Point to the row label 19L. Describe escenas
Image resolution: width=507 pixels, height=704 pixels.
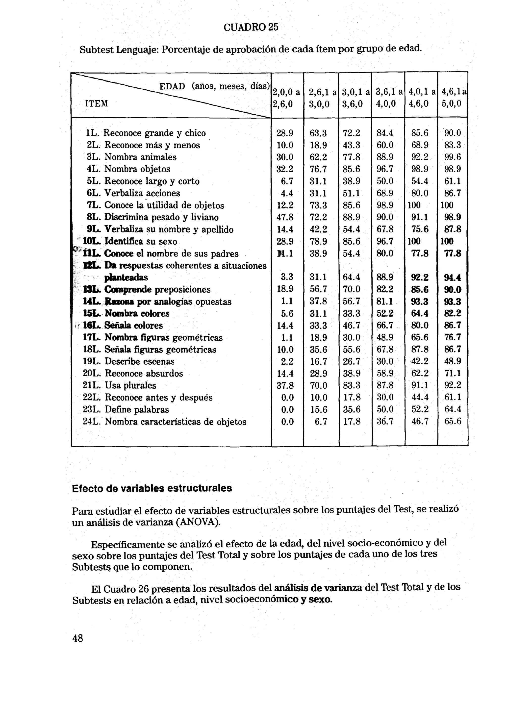(128, 361)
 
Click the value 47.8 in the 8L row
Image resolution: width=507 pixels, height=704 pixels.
(285, 217)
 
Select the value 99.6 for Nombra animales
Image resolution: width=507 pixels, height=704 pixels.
(452, 157)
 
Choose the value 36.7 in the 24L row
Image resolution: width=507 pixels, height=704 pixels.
(385, 421)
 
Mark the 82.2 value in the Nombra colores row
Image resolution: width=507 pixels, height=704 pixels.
(452, 313)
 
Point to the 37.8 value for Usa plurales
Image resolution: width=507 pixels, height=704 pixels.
(285, 385)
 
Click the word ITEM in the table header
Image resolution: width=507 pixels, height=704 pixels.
(96, 103)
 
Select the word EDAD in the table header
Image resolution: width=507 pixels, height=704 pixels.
(172, 86)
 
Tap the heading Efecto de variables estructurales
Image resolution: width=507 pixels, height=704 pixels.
(152, 488)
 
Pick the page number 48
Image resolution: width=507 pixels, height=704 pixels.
(78, 638)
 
